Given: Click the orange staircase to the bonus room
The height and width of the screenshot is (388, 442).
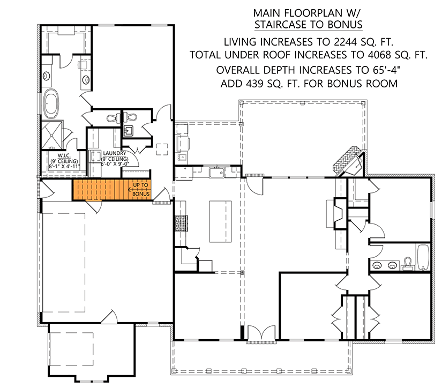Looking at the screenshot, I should pos(102,190).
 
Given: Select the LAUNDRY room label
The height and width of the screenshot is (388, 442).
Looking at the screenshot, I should pos(116,153).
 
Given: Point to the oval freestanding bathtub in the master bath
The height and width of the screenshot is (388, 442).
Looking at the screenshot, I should pos(53,105).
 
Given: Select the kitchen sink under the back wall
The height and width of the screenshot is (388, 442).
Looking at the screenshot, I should pos(217,172).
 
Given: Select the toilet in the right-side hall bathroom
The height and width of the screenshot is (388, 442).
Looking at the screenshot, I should pos(408,263).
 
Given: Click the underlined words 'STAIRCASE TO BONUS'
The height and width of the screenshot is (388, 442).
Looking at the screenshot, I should pos(308,25).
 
